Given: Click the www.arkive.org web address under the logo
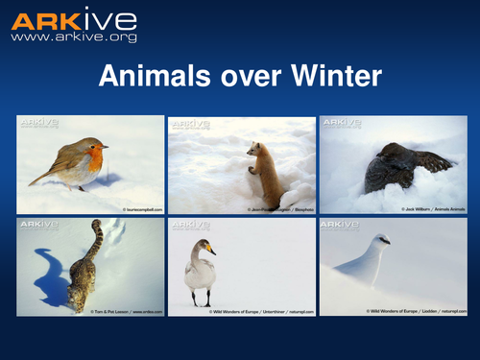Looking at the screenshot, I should [x=74, y=37].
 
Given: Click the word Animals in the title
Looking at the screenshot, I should [x=153, y=77].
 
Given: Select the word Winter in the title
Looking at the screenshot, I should [x=334, y=77].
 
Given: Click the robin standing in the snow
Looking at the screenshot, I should [x=73, y=162].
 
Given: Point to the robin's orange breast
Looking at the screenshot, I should [x=92, y=157].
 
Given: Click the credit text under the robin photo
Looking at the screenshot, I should [x=143, y=208].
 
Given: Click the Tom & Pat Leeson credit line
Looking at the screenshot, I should [x=126, y=311].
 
